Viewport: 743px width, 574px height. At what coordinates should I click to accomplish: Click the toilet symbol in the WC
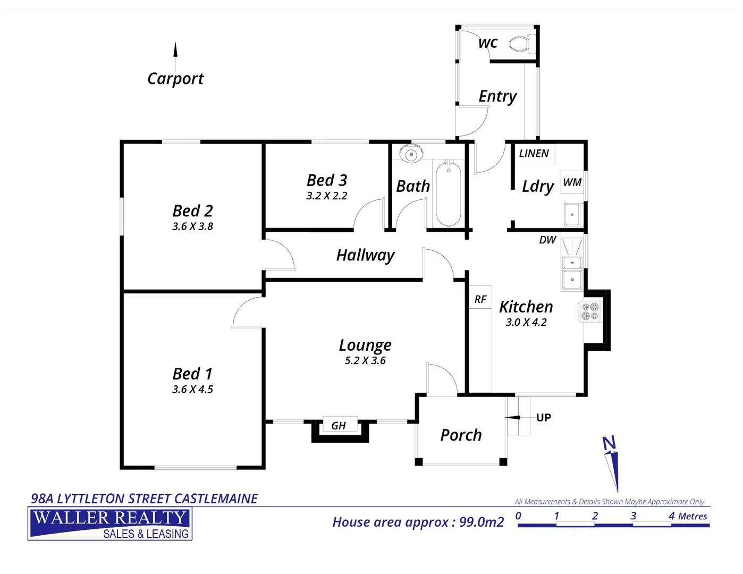click(521, 44)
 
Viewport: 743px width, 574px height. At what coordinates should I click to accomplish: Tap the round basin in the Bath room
click(410, 154)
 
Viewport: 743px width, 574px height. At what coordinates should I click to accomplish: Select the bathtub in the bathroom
click(448, 194)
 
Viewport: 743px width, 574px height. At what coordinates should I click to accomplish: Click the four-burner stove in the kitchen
click(590, 311)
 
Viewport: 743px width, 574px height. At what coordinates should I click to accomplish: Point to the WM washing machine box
click(572, 182)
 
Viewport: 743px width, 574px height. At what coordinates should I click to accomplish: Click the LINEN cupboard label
click(534, 154)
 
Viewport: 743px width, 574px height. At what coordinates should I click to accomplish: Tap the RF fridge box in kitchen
click(480, 299)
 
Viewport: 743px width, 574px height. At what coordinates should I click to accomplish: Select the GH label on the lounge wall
click(339, 426)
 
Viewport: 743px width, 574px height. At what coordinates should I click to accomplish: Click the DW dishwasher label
click(547, 240)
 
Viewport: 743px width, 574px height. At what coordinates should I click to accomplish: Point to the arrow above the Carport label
click(175, 50)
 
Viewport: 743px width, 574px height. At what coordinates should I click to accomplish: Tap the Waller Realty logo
click(110, 524)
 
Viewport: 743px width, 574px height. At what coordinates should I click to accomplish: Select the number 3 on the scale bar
click(633, 516)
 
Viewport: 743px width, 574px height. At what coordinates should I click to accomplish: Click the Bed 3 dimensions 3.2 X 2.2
click(327, 196)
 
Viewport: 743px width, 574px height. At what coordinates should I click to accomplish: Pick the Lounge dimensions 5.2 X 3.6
click(365, 361)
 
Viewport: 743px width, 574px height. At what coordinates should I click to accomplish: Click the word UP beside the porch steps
click(543, 418)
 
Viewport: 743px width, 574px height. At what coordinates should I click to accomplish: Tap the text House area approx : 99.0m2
click(418, 522)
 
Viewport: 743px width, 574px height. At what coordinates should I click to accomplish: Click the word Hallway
click(365, 256)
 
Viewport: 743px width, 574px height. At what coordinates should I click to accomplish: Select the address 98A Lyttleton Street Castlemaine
click(144, 499)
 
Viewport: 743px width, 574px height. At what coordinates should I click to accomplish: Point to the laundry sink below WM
click(572, 215)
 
